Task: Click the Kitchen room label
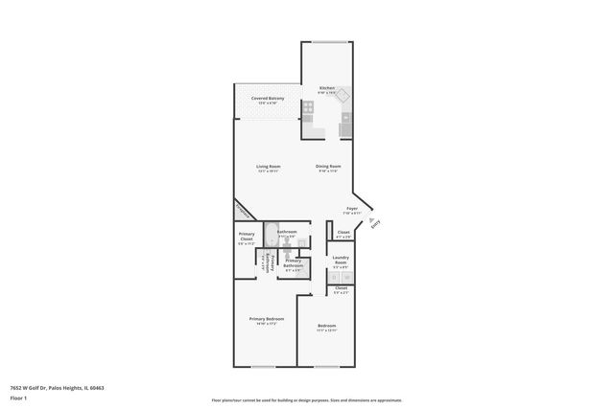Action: pyautogui.click(x=327, y=89)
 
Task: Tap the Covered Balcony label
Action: pyautogui.click(x=268, y=99)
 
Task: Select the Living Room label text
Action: pyautogui.click(x=268, y=167)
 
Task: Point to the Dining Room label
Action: pyautogui.click(x=328, y=167)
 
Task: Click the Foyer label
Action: pyautogui.click(x=352, y=208)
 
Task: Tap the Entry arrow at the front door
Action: pyautogui.click(x=373, y=222)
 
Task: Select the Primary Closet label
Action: pyautogui.click(x=248, y=239)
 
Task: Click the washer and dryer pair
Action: pyautogui.click(x=341, y=278)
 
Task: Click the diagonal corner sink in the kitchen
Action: pyautogui.click(x=343, y=95)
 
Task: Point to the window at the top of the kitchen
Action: pyautogui.click(x=328, y=42)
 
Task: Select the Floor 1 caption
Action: pyautogui.click(x=18, y=398)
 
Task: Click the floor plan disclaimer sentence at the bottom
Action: pyautogui.click(x=307, y=399)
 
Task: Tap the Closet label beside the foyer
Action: pyautogui.click(x=343, y=233)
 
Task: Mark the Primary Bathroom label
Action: pyautogui.click(x=294, y=263)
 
